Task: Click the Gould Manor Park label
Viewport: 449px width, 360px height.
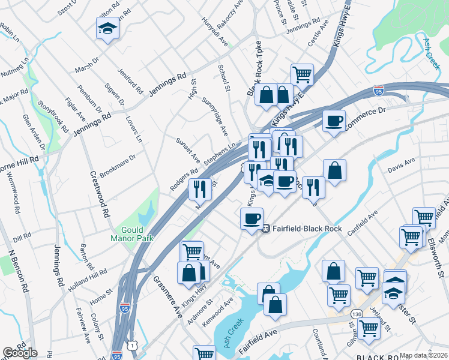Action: coord(131,234)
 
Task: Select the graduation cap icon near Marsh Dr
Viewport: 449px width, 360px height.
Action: coord(107,28)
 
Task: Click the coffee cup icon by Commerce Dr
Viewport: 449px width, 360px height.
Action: coord(334,120)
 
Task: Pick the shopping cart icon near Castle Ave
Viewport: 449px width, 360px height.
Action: coord(302,74)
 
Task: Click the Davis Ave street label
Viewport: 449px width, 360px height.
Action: coord(401,165)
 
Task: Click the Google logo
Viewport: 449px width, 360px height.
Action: coord(20,352)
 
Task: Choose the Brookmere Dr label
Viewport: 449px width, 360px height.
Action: coord(118,164)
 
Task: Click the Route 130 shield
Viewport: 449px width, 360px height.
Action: coord(357,314)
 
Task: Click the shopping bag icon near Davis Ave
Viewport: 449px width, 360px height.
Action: coord(334,170)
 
